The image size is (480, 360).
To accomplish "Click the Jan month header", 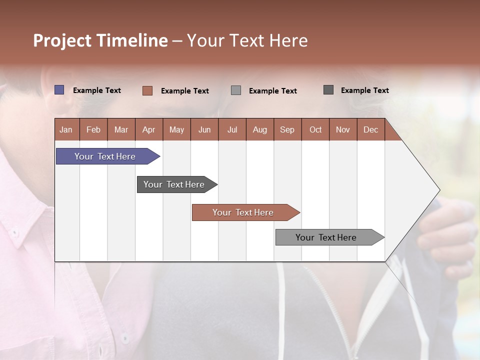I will (x=66, y=129).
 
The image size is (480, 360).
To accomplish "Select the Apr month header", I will (x=149, y=129).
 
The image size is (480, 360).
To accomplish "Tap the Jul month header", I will (x=232, y=129).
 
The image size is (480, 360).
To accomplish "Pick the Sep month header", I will (x=287, y=129).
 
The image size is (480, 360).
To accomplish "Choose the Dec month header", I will (x=370, y=129).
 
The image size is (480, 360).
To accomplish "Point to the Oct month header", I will (x=315, y=129).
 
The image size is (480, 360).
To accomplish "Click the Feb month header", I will (x=93, y=129).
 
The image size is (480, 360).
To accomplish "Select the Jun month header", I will (x=204, y=129).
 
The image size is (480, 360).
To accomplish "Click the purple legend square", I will (x=59, y=90).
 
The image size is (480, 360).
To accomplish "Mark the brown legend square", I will (x=147, y=90).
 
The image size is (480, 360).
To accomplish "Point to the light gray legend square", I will (x=236, y=90).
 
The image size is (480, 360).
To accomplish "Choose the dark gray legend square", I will (x=328, y=90).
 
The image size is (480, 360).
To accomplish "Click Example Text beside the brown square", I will (x=185, y=91).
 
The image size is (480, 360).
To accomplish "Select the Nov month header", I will (x=343, y=129).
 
